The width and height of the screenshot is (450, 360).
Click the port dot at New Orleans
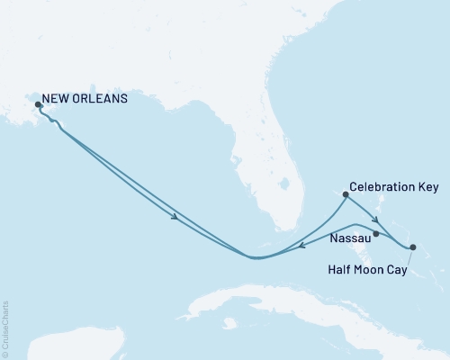tap(38, 104)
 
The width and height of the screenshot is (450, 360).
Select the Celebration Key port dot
tap(346, 193)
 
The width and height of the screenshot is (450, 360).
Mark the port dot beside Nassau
tap(375, 233)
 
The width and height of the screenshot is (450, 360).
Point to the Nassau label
tap(350, 239)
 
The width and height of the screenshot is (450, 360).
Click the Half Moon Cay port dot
tap(412, 247)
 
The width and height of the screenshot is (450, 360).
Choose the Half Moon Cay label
tap(368, 268)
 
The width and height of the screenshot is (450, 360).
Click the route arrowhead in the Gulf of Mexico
tap(175, 215)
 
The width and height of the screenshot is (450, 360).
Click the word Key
tap(427, 188)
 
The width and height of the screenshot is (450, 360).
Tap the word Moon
tap(368, 268)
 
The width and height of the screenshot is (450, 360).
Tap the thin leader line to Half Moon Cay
tap(403, 256)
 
